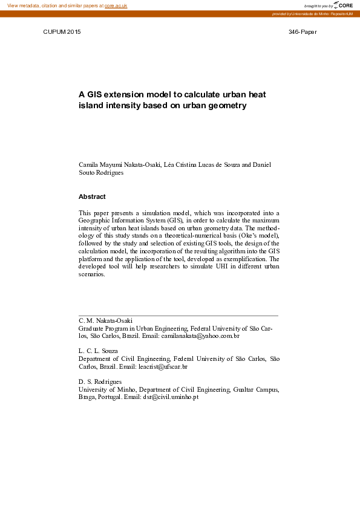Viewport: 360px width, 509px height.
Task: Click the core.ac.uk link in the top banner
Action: pos(116,5)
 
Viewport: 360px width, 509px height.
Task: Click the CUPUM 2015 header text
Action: pos(62,31)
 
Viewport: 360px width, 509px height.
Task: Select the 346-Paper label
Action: pos(303,31)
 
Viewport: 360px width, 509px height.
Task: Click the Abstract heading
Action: pos(92,196)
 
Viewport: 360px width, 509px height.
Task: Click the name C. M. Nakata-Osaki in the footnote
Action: pos(106,320)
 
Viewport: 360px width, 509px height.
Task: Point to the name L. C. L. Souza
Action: pos(99,351)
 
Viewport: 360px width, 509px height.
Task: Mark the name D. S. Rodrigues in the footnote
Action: pos(100,381)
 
